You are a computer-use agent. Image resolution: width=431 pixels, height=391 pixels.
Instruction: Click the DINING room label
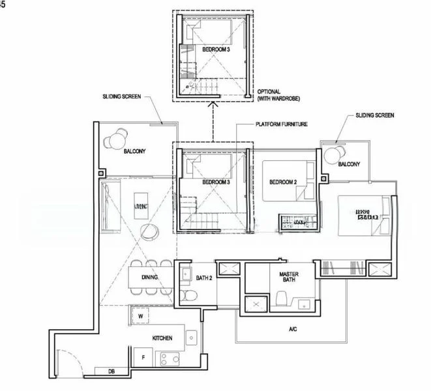(x=150, y=277)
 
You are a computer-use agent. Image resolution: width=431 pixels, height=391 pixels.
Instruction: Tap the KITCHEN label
(x=162, y=338)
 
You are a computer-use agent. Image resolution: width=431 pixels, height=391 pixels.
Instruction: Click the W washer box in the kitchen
(x=141, y=317)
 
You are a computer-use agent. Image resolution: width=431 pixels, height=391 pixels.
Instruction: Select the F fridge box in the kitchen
(x=141, y=357)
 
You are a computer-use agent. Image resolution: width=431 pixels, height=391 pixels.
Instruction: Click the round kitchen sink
(x=192, y=338)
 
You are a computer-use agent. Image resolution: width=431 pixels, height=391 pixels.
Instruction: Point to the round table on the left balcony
(x=118, y=138)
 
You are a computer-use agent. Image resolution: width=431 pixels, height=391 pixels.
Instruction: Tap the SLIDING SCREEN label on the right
(x=375, y=115)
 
